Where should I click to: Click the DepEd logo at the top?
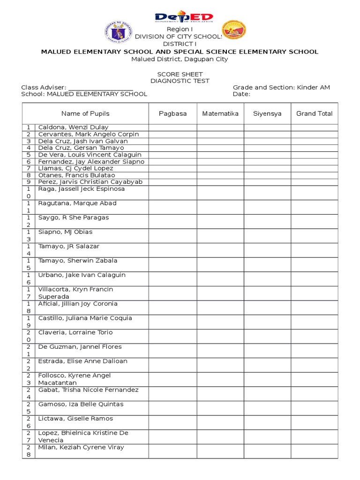(184, 18)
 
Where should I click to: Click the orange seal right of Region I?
(233, 31)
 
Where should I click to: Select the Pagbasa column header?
(172, 113)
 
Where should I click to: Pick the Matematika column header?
(220, 113)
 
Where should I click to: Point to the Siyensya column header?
(267, 113)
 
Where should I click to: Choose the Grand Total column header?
(314, 113)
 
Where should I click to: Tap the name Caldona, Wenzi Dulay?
(73, 127)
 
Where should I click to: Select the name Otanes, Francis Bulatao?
(76, 175)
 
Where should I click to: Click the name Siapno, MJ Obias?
(65, 232)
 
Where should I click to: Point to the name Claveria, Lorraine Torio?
(75, 332)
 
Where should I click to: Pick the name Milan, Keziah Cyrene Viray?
(81, 447)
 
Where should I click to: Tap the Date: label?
(241, 94)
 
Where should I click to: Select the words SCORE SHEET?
(180, 74)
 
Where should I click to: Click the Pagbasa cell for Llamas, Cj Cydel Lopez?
(172, 168)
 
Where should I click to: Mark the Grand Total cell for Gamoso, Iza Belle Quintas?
(314, 408)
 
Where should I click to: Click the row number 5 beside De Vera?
(29, 155)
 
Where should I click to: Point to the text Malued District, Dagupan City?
(180, 59)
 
